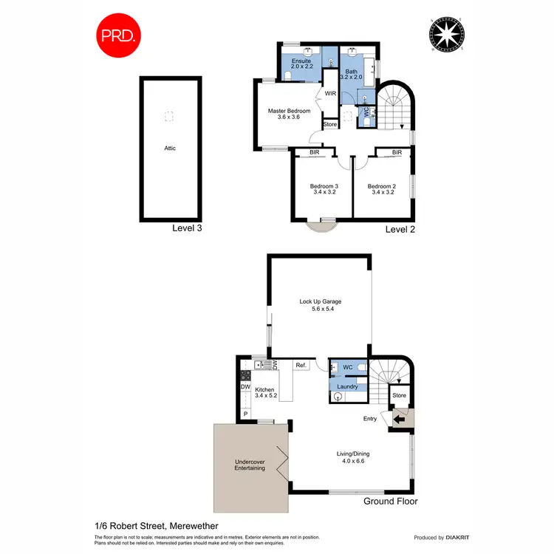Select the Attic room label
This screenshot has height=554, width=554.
pyautogui.click(x=170, y=148)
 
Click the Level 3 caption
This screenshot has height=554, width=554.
pyautogui.click(x=187, y=228)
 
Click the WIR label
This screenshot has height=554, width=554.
pyautogui.click(x=329, y=94)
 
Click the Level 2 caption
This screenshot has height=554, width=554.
pyautogui.click(x=401, y=230)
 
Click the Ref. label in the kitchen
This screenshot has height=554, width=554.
pyautogui.click(x=301, y=365)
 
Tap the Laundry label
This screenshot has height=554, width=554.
pyautogui.click(x=347, y=386)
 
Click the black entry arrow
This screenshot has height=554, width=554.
pyautogui.click(x=399, y=420)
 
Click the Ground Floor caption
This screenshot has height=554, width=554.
pyautogui.click(x=391, y=502)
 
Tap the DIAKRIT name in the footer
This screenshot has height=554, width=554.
pyautogui.click(x=448, y=538)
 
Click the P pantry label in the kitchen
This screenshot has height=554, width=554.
pyautogui.click(x=245, y=414)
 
